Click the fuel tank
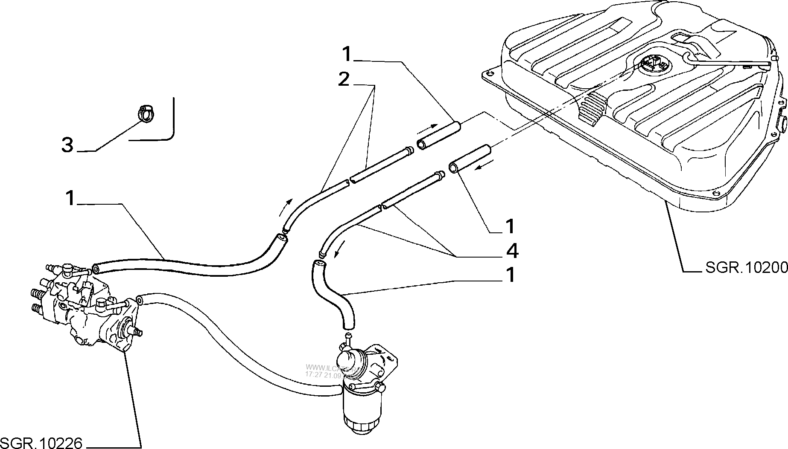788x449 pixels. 640,107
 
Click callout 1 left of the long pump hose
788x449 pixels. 70,198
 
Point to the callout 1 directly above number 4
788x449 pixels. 511,226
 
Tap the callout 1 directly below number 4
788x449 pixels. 511,275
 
